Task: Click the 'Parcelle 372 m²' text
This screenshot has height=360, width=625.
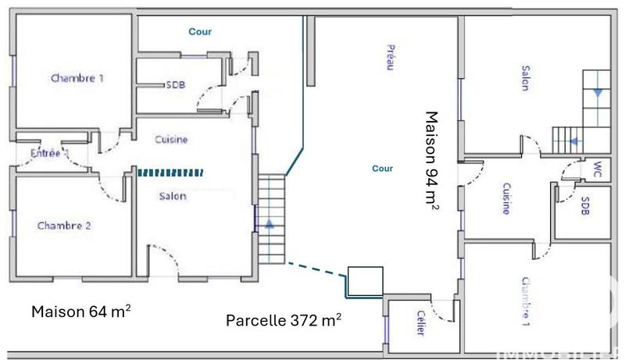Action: click(x=283, y=320)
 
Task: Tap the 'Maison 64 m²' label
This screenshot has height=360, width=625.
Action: click(x=80, y=311)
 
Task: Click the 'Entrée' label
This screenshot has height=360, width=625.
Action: click(x=45, y=154)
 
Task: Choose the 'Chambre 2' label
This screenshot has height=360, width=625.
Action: click(x=65, y=226)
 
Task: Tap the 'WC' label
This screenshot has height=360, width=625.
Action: click(x=597, y=169)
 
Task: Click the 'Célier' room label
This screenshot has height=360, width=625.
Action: click(x=420, y=325)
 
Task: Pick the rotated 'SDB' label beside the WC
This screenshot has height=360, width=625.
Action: click(x=585, y=206)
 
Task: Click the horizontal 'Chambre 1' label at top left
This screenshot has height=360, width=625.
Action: click(x=77, y=78)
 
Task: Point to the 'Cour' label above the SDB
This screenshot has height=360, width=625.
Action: click(x=201, y=32)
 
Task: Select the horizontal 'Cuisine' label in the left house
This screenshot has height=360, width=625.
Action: click(x=171, y=140)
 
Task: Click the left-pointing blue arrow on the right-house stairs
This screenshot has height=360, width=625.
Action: click(x=574, y=141)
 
